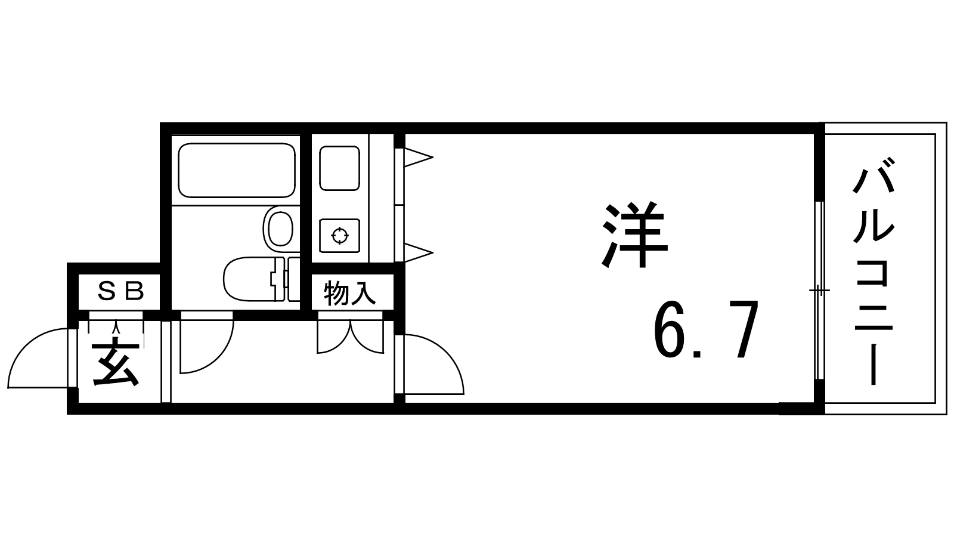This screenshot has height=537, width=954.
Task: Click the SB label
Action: point(120,291)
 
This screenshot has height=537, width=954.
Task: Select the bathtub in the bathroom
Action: point(237,170)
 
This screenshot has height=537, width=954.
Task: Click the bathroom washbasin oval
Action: point(279,228)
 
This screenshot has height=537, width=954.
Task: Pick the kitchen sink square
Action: point(339,168)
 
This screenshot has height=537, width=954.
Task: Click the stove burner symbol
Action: point(339,235)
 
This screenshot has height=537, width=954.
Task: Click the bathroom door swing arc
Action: point(206,346)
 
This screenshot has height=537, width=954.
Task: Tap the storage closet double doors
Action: point(350,337)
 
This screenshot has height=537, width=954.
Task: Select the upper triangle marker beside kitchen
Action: point(417,158)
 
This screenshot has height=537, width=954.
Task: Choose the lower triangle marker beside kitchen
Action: point(417,252)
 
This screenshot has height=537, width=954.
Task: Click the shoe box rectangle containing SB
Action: point(119,292)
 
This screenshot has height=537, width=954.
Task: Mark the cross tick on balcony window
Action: point(819,291)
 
